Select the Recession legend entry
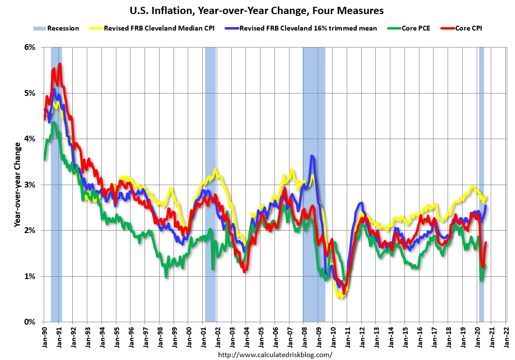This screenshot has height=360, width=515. pos(56,28)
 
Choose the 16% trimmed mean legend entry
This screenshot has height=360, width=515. pos(298,28)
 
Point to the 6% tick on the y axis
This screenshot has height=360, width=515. pos(30,47)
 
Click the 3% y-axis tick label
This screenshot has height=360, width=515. pos(30,185)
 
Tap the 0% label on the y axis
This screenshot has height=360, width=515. pos(30,322)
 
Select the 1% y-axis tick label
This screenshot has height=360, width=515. pos(30,276)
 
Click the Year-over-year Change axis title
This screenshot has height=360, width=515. pos(17,185)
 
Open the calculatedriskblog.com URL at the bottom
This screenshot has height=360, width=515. pos(275,355)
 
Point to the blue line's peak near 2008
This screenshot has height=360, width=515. pos(312,156)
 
